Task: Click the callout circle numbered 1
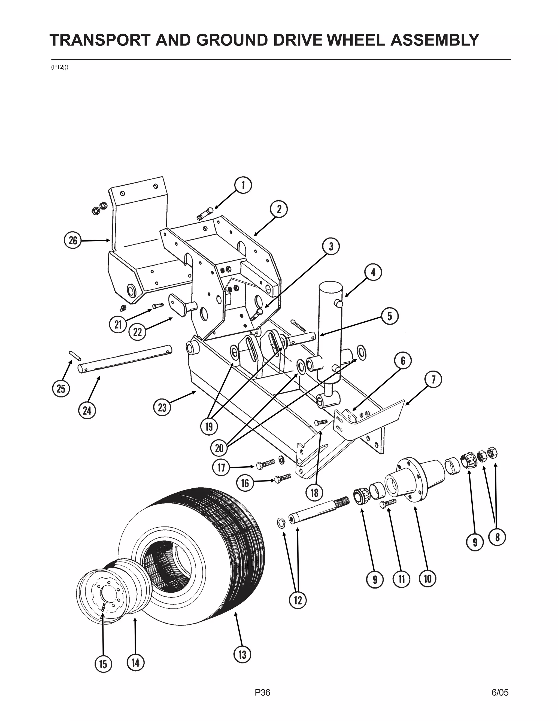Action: (243, 186)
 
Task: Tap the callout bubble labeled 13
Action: (242, 654)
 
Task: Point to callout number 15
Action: (104, 664)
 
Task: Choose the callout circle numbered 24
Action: (87, 411)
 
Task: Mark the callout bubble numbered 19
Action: (209, 427)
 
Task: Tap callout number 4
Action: (373, 273)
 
